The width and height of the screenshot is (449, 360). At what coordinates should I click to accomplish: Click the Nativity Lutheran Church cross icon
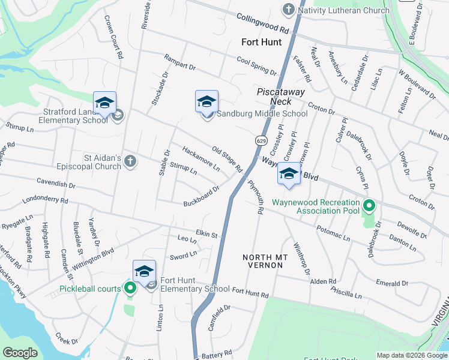tap(288, 10)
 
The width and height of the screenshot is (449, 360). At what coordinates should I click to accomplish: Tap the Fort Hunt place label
tap(261, 42)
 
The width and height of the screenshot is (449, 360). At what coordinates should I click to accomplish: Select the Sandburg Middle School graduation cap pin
tap(206, 102)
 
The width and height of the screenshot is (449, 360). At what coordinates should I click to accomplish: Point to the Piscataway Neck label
tap(281, 97)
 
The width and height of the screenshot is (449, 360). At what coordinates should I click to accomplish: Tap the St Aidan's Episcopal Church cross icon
tap(130, 160)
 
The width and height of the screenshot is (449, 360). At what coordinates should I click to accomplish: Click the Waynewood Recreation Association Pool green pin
tap(369, 207)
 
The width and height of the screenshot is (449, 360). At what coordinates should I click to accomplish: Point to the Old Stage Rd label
tap(227, 158)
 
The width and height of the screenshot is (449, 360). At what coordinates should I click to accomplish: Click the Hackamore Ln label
tap(200, 159)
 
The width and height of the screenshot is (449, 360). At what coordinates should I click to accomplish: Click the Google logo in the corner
tap(20, 353)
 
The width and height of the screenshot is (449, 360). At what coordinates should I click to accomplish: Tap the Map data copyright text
tap(411, 355)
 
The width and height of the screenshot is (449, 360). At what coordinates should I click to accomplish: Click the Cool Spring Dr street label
tap(256, 66)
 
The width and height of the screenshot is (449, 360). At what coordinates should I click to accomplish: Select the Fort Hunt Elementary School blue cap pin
tap(144, 272)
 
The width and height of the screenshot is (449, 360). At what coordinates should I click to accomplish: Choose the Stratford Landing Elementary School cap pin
tap(104, 104)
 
